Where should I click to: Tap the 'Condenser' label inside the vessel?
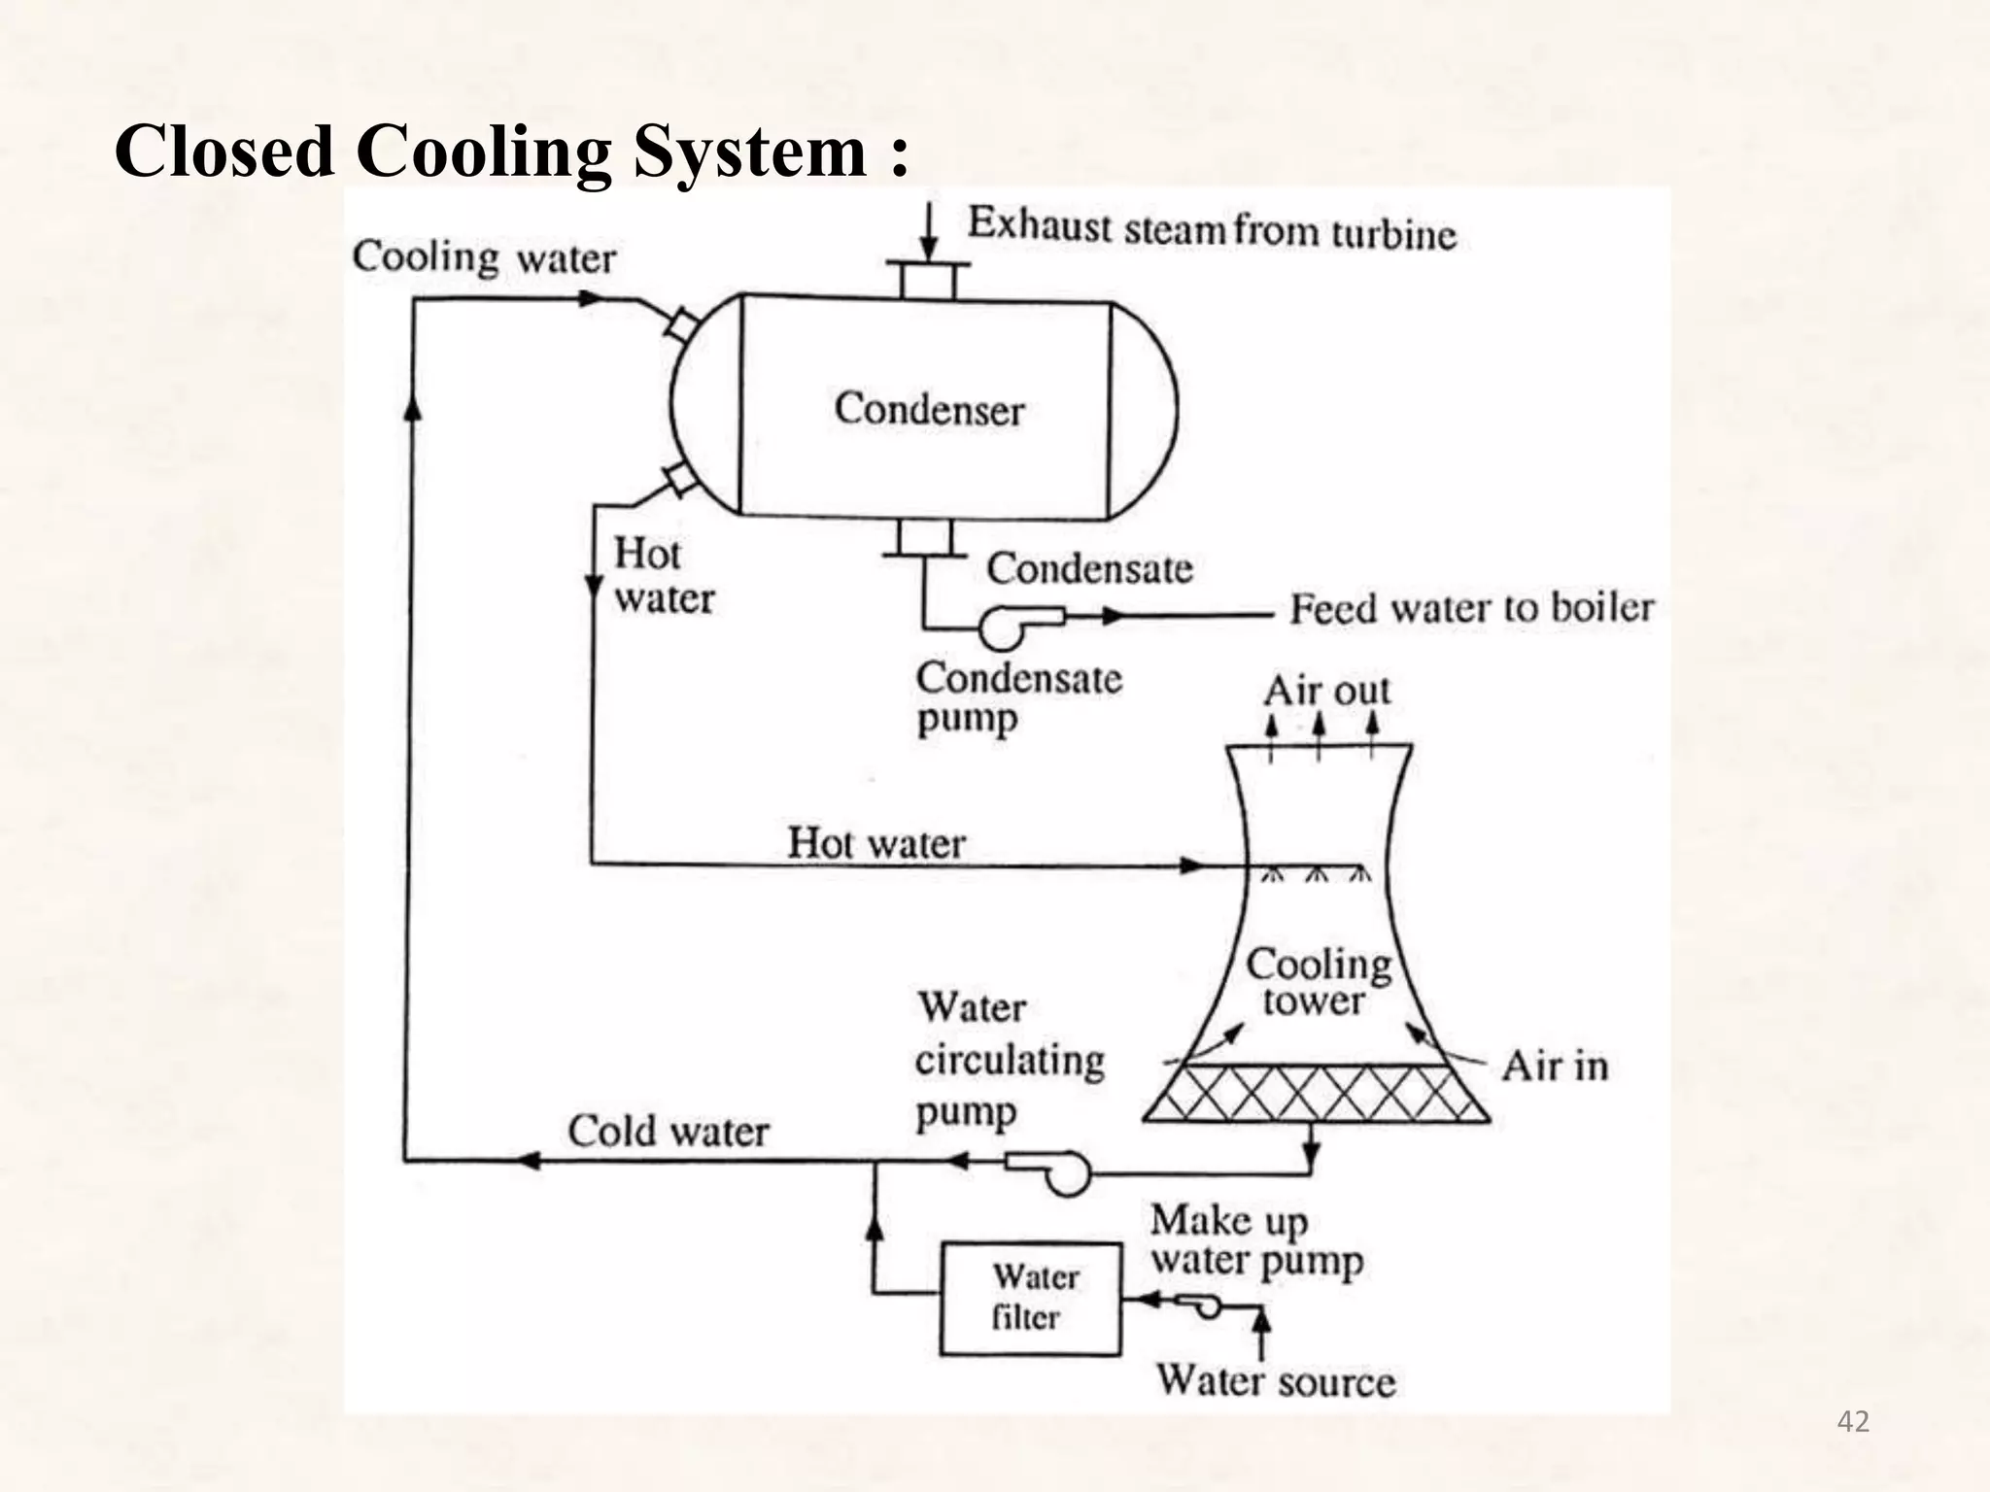[929, 409]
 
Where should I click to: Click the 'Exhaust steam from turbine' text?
[1212, 230]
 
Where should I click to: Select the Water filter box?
[1030, 1299]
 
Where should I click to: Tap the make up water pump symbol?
[1201, 1305]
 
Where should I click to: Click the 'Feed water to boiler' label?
[1471, 609]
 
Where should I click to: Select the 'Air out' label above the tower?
[1326, 692]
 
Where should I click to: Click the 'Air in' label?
[1554, 1067]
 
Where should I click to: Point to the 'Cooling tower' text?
[1318, 982]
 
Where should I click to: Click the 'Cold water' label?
[668, 1132]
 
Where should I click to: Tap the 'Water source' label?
[1275, 1381]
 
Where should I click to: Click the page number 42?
[1853, 1422]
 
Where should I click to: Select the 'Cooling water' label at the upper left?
[484, 258]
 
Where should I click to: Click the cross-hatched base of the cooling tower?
[1317, 1094]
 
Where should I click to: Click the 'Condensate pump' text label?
[1017, 697]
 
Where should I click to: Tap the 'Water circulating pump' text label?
[1009, 1059]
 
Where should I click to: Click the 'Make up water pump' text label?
[1256, 1240]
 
